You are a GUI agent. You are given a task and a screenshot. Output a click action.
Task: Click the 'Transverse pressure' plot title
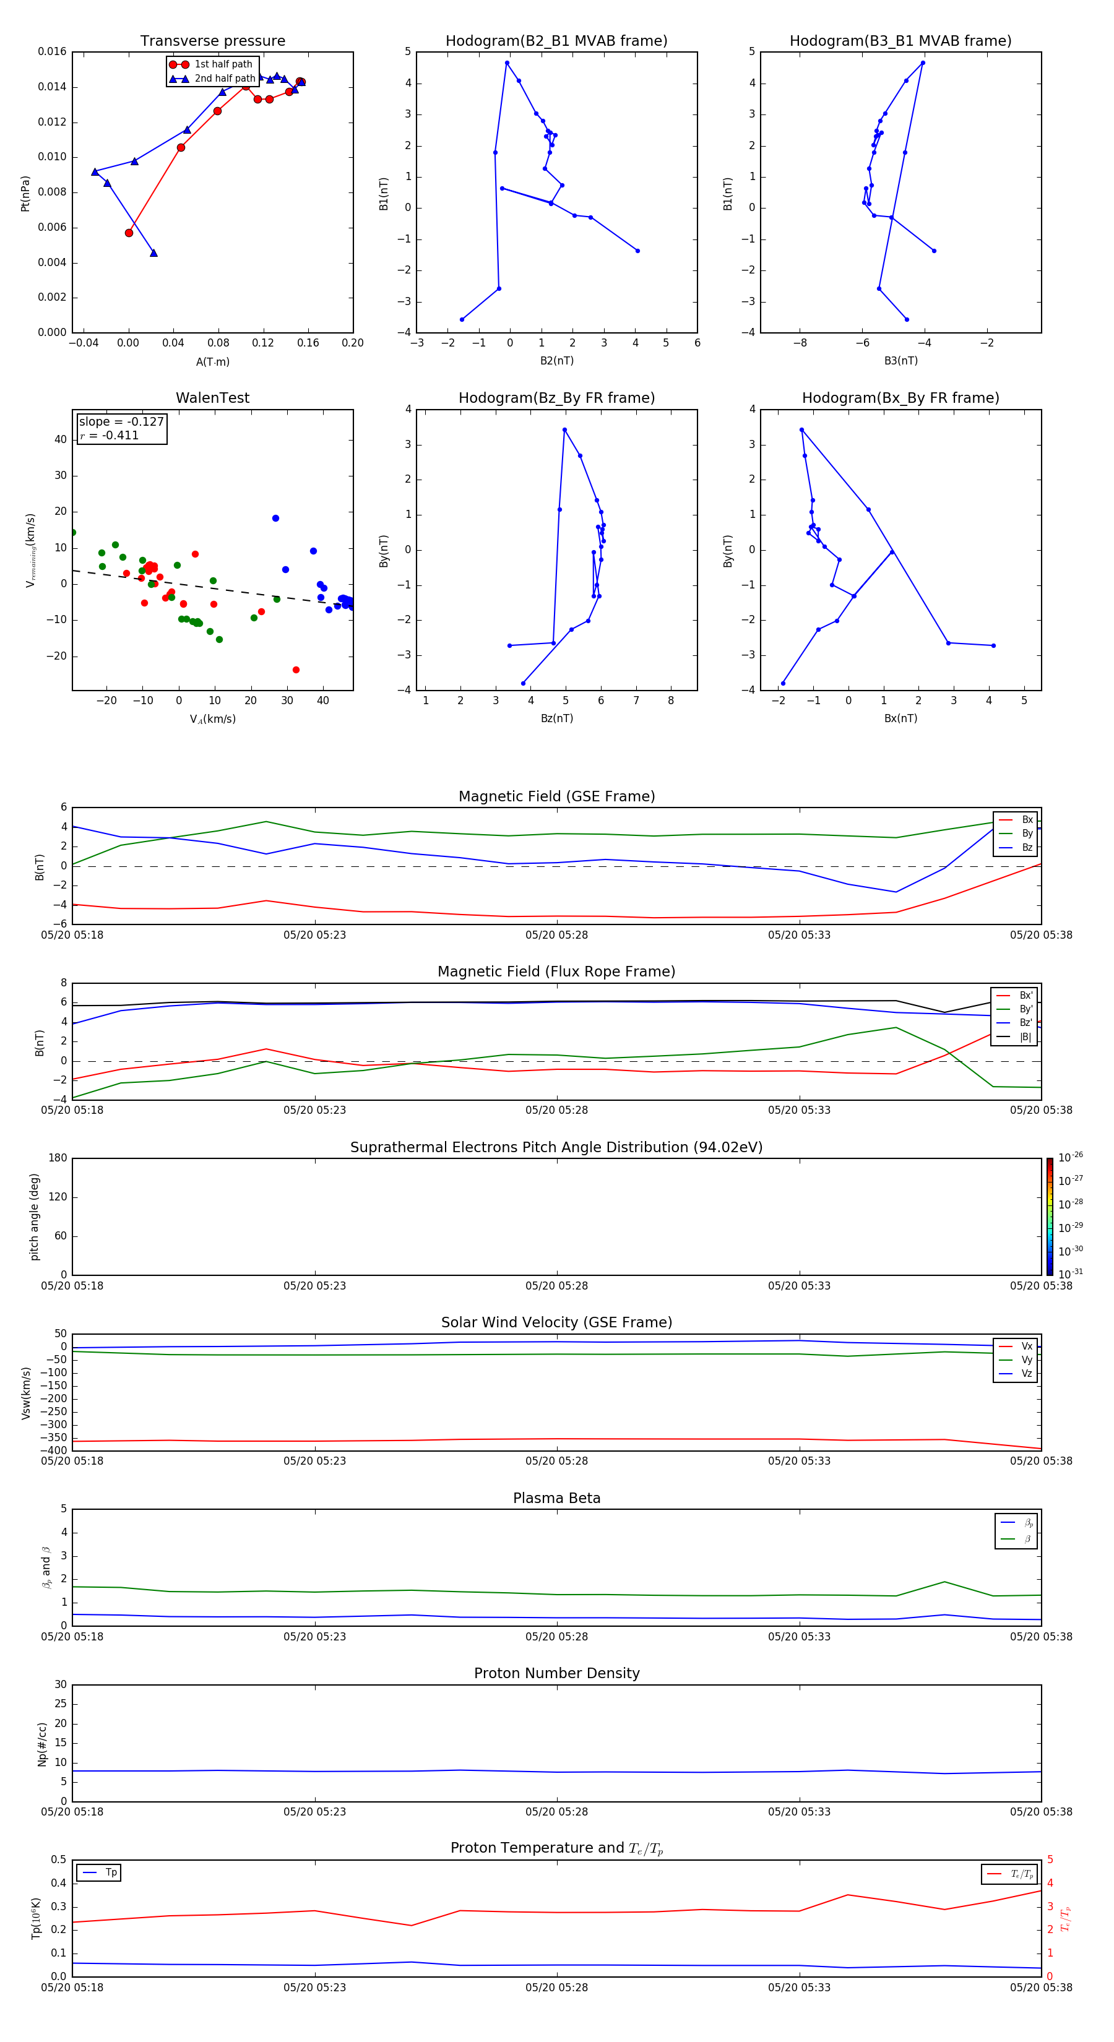(x=212, y=41)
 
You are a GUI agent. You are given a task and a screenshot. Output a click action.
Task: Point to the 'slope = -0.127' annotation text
(x=121, y=422)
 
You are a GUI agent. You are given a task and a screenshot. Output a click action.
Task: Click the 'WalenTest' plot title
(x=212, y=398)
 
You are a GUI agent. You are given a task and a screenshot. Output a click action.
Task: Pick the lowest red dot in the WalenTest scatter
(x=296, y=670)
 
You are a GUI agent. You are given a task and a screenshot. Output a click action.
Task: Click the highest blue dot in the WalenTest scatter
(x=276, y=519)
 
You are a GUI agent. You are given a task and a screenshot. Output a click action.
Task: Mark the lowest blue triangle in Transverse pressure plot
(x=154, y=253)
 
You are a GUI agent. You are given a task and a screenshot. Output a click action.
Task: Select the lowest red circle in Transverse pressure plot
(x=129, y=233)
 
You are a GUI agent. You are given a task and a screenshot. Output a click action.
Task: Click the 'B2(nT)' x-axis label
(x=556, y=361)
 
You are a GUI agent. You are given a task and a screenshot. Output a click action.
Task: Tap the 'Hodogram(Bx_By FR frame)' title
(x=900, y=398)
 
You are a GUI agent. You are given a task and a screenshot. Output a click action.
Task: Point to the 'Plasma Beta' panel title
(x=556, y=1498)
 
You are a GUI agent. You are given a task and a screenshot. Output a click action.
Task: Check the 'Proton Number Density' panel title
(x=556, y=1673)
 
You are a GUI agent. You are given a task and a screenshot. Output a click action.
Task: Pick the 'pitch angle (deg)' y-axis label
(x=35, y=1217)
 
